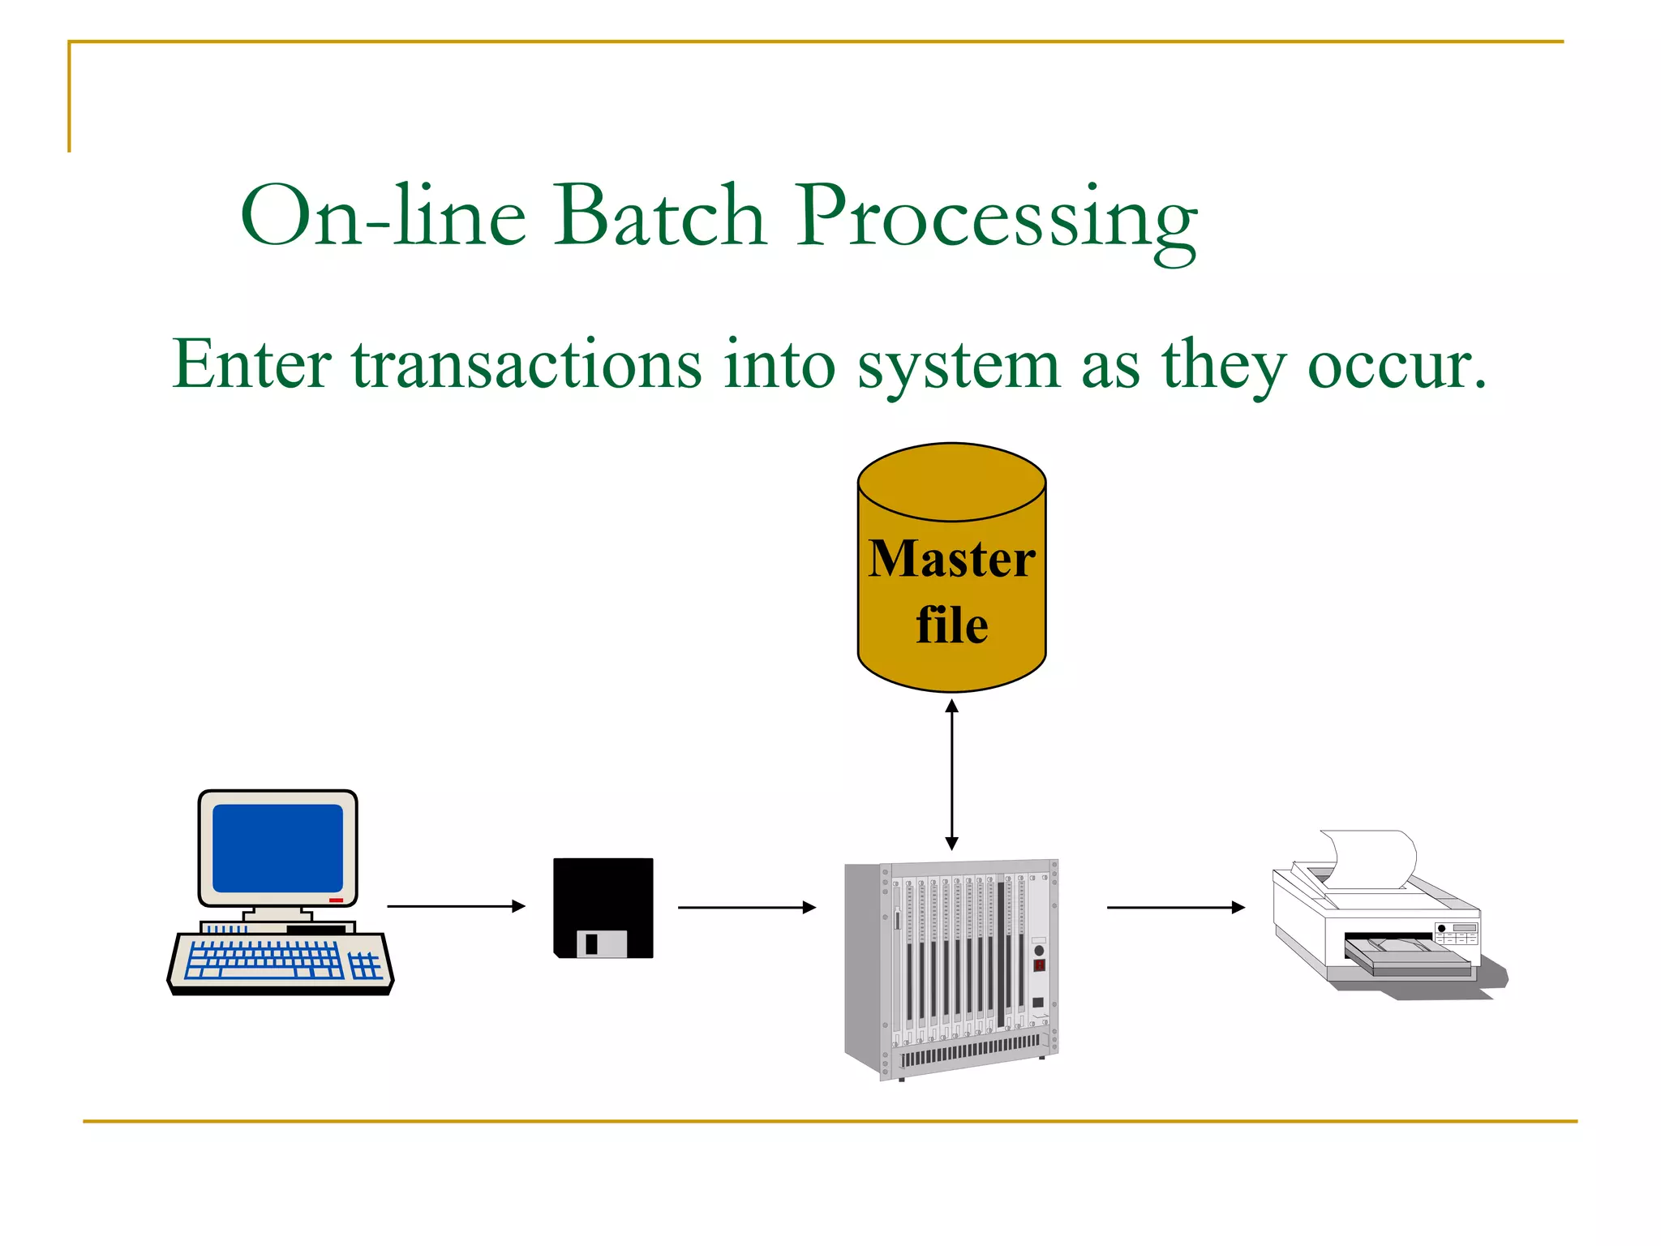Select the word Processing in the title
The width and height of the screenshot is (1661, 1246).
point(996,217)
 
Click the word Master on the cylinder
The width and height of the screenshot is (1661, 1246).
point(951,559)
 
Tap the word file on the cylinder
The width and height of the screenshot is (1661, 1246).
point(951,625)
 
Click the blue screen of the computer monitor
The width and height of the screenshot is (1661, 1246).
point(277,848)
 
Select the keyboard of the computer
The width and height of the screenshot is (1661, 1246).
point(280,961)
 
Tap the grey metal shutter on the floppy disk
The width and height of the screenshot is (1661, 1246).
point(602,944)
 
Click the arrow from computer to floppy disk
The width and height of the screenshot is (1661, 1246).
point(456,906)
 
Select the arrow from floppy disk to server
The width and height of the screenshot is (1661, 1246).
point(746,908)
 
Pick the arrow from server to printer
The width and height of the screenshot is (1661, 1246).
point(1175,908)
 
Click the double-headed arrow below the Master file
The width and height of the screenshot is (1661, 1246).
point(952,775)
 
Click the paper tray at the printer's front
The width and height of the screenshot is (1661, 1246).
point(1407,957)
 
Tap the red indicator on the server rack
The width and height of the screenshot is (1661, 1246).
point(1039,965)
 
